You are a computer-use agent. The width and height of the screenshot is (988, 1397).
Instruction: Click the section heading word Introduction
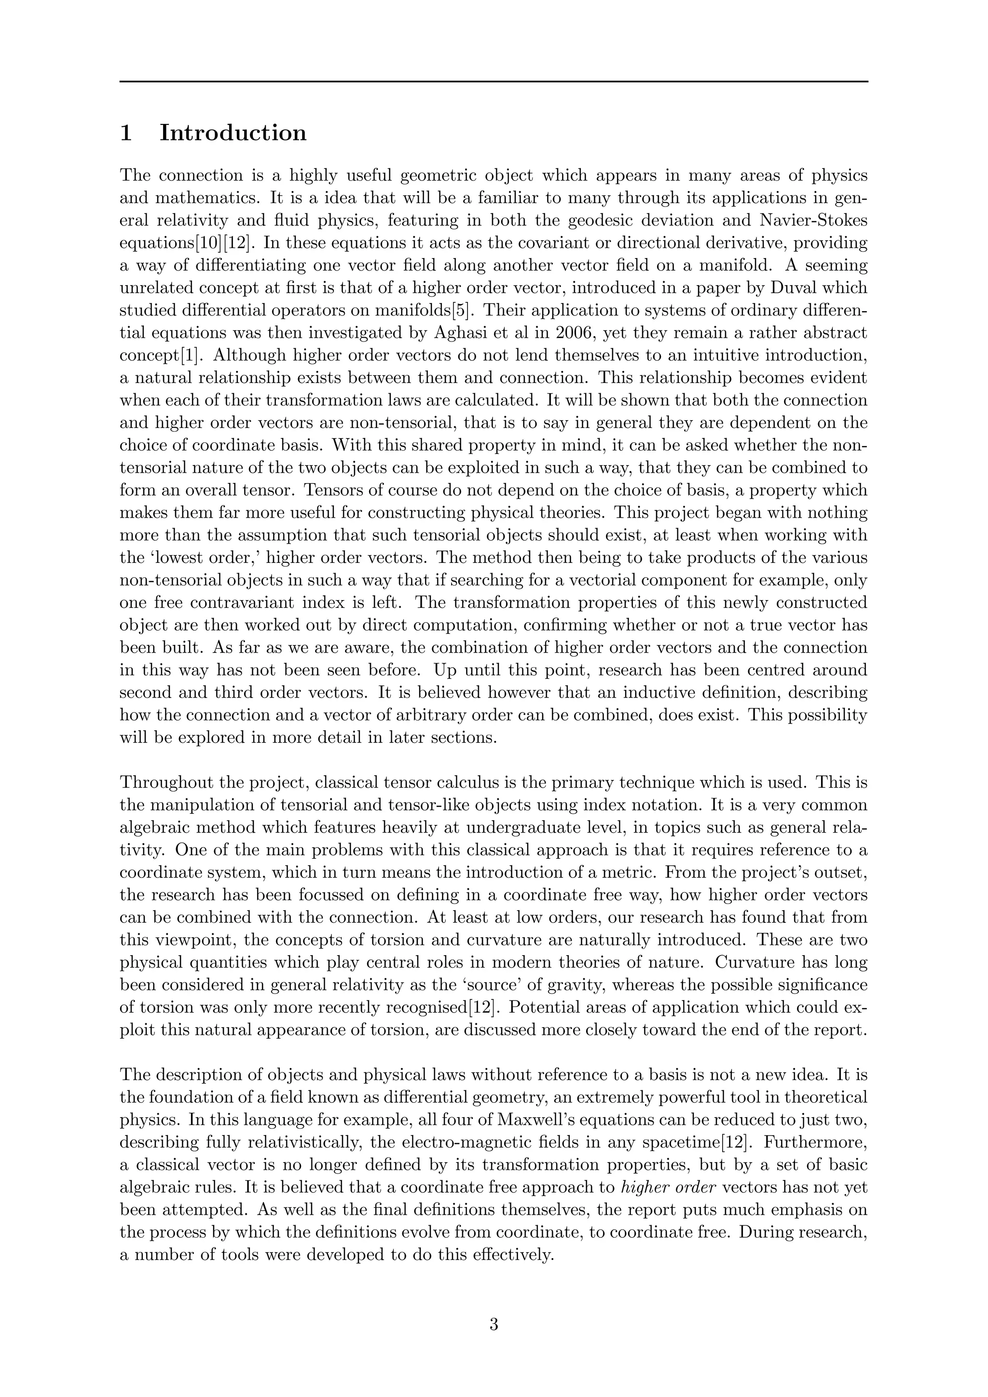click(233, 133)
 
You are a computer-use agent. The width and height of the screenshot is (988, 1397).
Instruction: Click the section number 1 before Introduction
click(126, 133)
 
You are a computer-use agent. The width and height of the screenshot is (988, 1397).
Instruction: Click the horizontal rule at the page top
click(494, 82)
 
